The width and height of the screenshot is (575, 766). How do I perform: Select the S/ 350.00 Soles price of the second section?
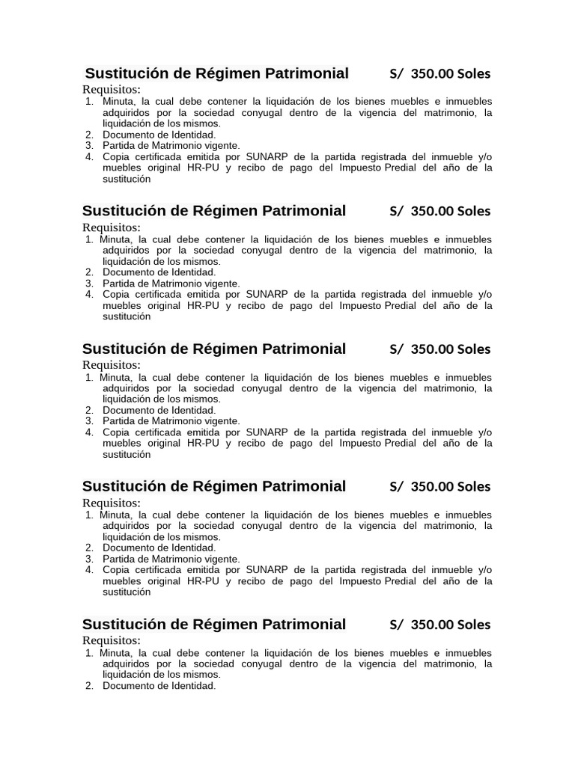(439, 211)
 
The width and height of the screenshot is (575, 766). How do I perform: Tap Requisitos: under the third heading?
(111, 365)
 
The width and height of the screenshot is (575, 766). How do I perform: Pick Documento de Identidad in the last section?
(159, 686)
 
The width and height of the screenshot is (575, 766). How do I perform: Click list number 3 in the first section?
(89, 145)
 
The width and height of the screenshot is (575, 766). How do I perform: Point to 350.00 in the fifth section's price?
(432, 625)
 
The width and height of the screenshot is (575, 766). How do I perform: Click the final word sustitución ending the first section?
(127, 179)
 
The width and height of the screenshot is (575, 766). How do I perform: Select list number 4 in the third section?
(89, 432)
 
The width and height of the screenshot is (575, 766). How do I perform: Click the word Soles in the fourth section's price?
(473, 487)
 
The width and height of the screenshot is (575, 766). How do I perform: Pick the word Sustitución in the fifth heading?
(124, 624)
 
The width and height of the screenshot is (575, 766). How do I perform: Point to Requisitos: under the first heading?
(111, 90)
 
